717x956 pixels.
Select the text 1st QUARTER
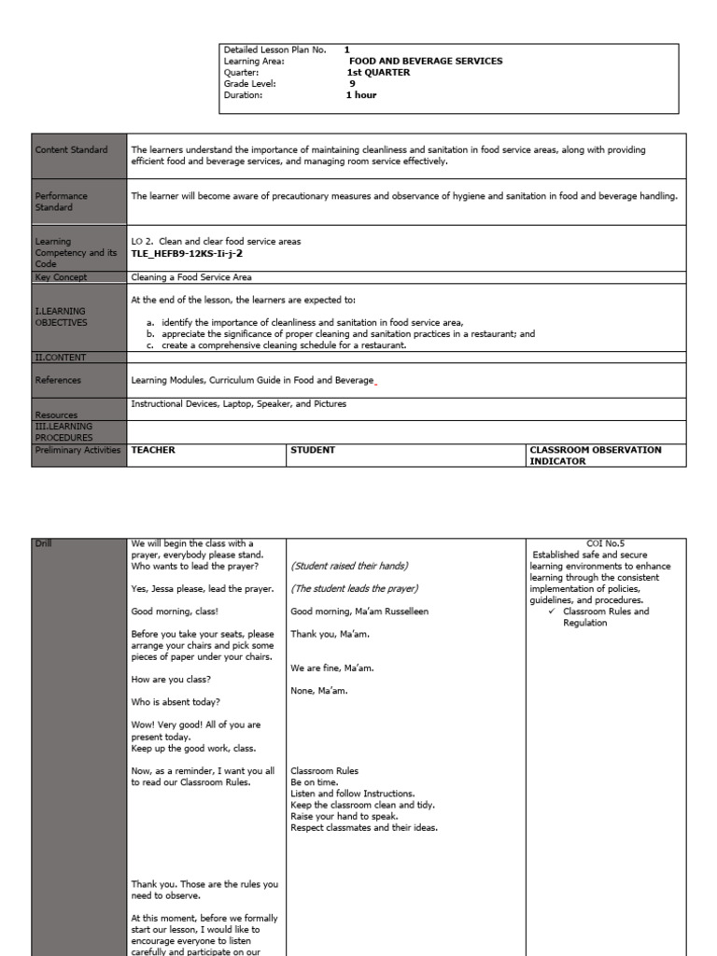point(378,72)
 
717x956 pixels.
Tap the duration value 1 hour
point(361,94)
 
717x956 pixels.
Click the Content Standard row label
point(71,149)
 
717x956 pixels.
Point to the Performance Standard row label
point(62,202)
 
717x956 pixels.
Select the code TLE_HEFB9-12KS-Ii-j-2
point(179,253)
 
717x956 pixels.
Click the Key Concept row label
point(62,277)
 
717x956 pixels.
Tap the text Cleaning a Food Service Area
point(191,277)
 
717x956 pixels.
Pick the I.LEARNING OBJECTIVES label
point(62,316)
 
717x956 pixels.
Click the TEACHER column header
point(153,450)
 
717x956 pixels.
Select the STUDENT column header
point(313,450)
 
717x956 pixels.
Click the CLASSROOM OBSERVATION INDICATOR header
point(595,455)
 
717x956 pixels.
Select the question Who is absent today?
point(176,701)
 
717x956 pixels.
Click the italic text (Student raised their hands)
point(349,566)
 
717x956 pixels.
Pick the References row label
point(58,380)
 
